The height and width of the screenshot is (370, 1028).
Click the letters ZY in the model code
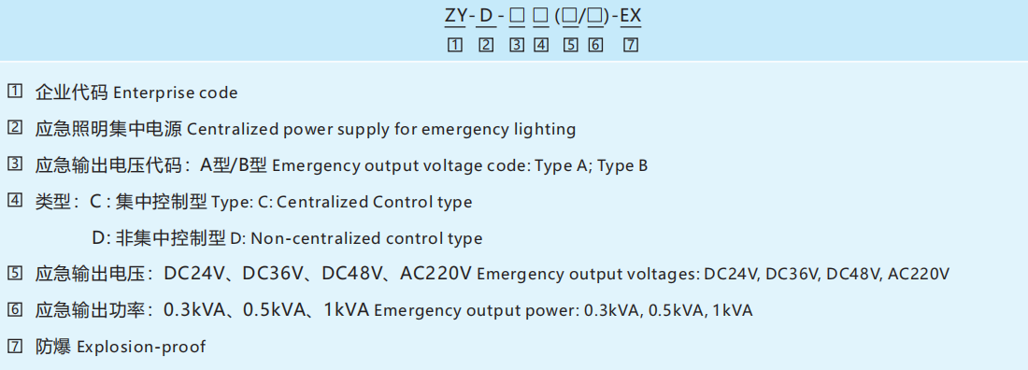[x=455, y=17]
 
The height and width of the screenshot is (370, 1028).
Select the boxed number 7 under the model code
[x=631, y=44]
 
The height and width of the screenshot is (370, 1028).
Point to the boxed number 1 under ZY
[x=455, y=44]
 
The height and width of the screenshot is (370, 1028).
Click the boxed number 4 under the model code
[x=541, y=44]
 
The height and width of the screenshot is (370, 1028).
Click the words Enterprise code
[x=175, y=92]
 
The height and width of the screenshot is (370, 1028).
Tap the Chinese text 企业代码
[x=71, y=92]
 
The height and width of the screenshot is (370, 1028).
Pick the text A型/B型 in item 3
[x=234, y=165]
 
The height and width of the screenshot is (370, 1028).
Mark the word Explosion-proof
[x=140, y=347]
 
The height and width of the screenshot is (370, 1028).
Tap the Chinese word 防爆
[x=53, y=347]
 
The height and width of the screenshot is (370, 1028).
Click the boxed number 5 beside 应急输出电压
[x=14, y=274]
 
